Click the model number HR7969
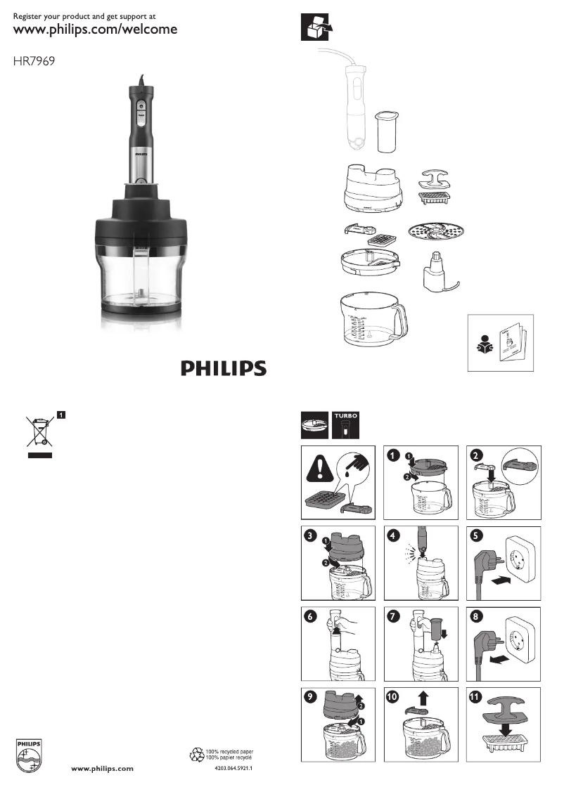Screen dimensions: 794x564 pyautogui.click(x=34, y=61)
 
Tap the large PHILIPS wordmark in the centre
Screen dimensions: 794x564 pyautogui.click(x=224, y=368)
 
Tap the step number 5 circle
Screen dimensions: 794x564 pyautogui.click(x=477, y=535)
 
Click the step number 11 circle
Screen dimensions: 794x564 pyautogui.click(x=477, y=698)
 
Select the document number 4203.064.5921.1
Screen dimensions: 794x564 pyautogui.click(x=233, y=769)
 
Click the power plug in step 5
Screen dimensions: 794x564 pyautogui.click(x=486, y=559)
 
